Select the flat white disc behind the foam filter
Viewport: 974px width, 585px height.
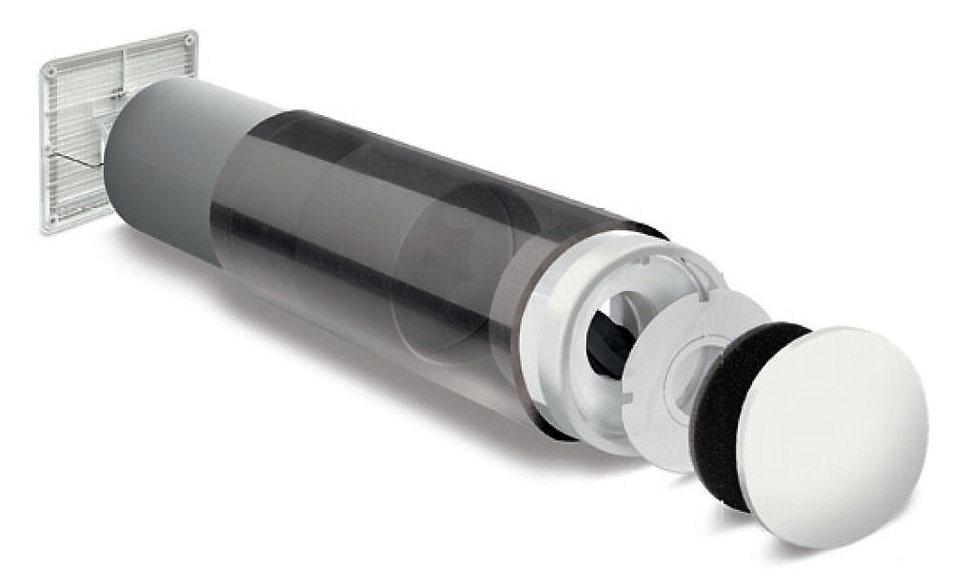[x=666, y=380]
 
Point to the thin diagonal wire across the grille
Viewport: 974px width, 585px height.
[x=76, y=163]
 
